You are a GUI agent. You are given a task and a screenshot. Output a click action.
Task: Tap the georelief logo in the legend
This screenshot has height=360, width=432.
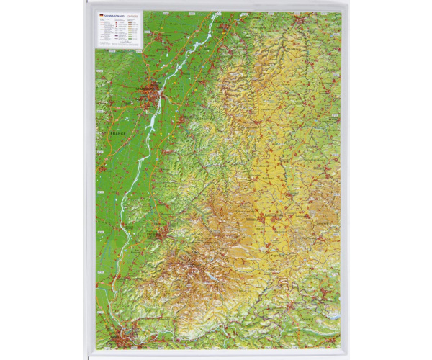134,15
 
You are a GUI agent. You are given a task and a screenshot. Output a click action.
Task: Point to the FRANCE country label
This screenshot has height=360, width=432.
118,134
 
